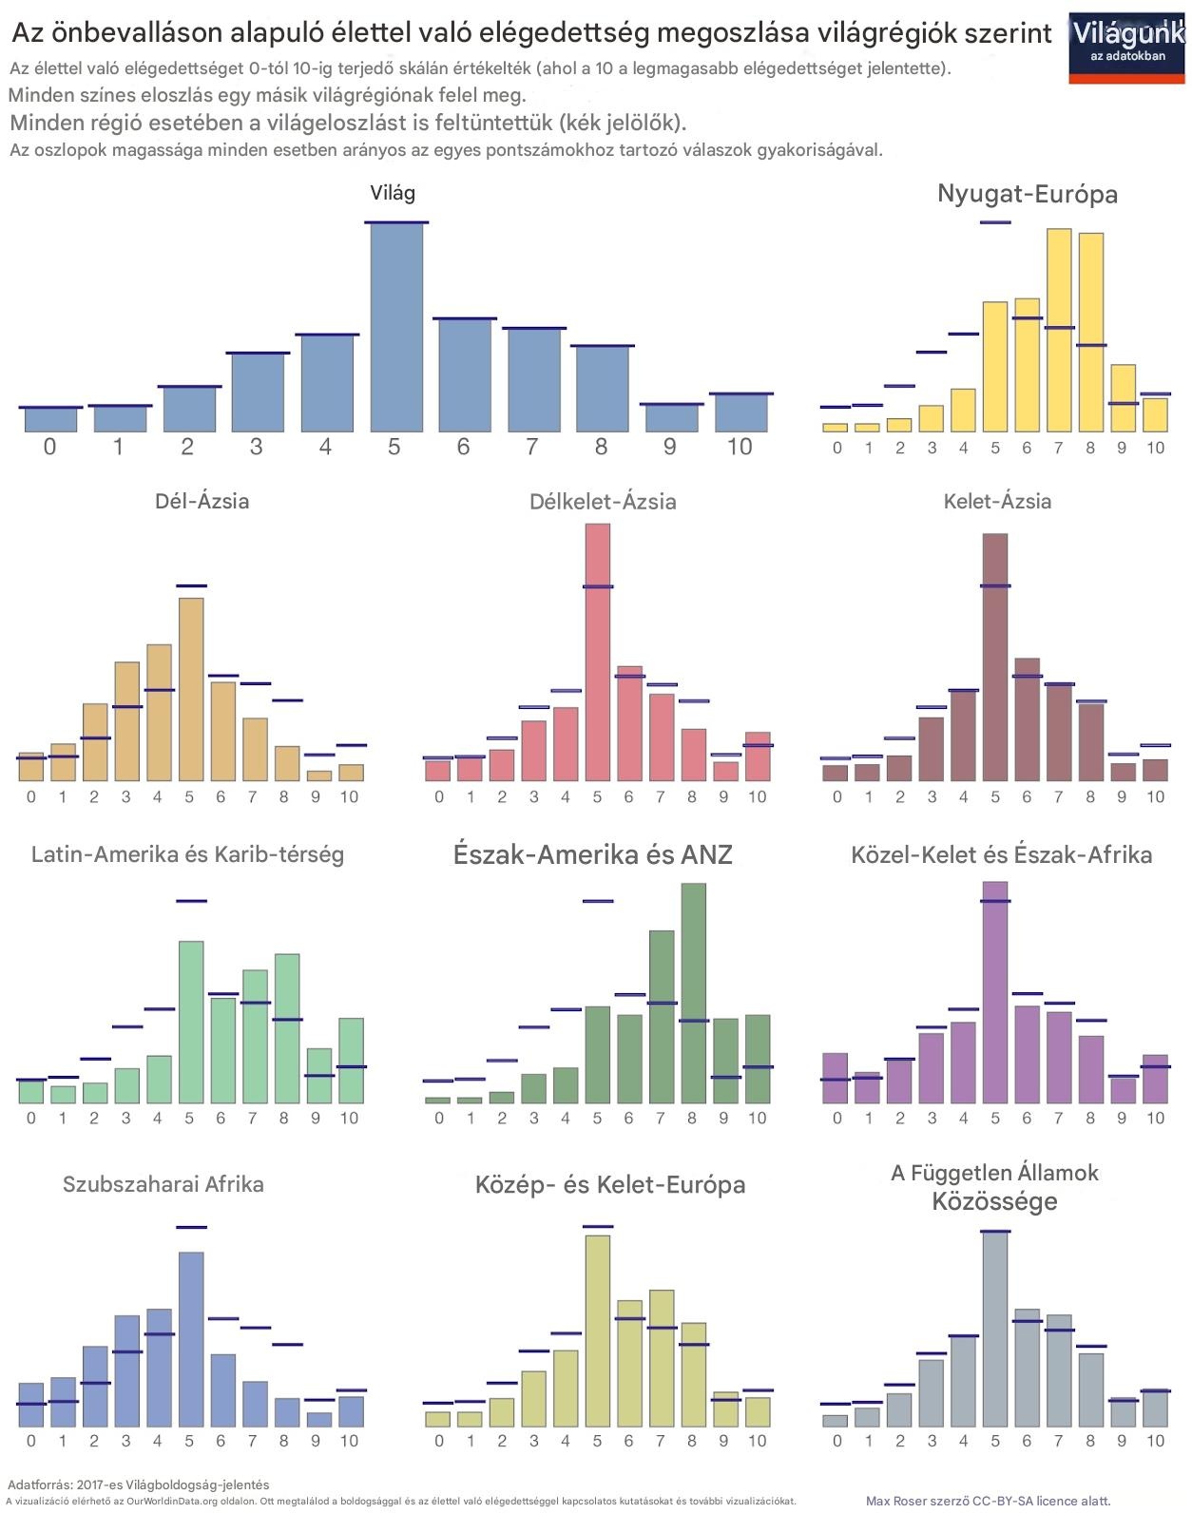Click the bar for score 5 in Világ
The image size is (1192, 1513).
click(x=396, y=328)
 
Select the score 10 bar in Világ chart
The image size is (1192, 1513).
click(x=740, y=413)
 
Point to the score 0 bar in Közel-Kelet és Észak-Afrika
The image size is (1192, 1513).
click(x=835, y=1079)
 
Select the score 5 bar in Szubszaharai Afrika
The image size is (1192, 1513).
click(x=191, y=1340)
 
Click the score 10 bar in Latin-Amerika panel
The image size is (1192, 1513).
click(x=351, y=1062)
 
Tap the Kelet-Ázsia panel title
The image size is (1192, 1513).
click(x=997, y=502)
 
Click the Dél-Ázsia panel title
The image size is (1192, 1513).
click(x=202, y=501)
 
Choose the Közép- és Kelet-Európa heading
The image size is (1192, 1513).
click(x=610, y=1185)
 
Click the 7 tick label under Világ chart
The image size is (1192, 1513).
click(x=532, y=447)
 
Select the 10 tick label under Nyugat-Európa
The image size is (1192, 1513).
click(x=1154, y=448)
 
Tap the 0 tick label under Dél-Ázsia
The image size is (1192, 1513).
click(x=31, y=796)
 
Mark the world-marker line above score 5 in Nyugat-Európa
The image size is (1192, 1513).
click(x=995, y=222)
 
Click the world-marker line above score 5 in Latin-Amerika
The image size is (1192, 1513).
click(x=191, y=900)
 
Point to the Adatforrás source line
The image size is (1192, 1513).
click(x=138, y=1484)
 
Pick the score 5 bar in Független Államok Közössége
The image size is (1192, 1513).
click(x=995, y=1329)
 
